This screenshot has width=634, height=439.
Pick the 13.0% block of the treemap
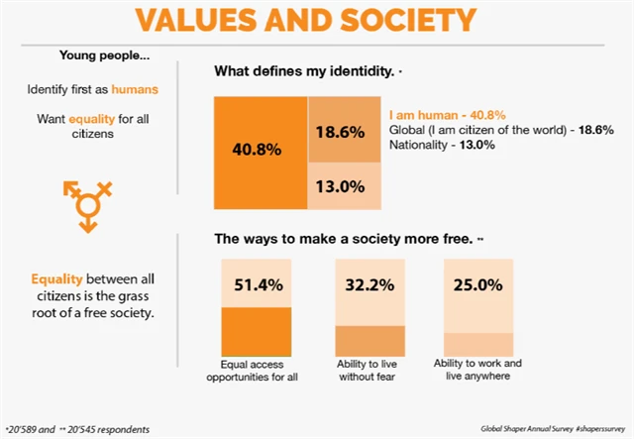pos(340,185)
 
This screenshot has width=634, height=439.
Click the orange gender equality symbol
pos(88,203)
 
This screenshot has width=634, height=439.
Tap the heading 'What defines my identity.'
pos(304,72)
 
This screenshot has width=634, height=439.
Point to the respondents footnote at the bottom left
pos(77,430)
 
